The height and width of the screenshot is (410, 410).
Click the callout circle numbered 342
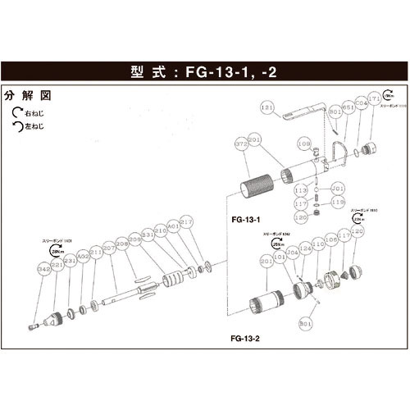click(x=44, y=268)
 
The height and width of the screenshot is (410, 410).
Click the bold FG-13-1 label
click(x=246, y=221)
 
